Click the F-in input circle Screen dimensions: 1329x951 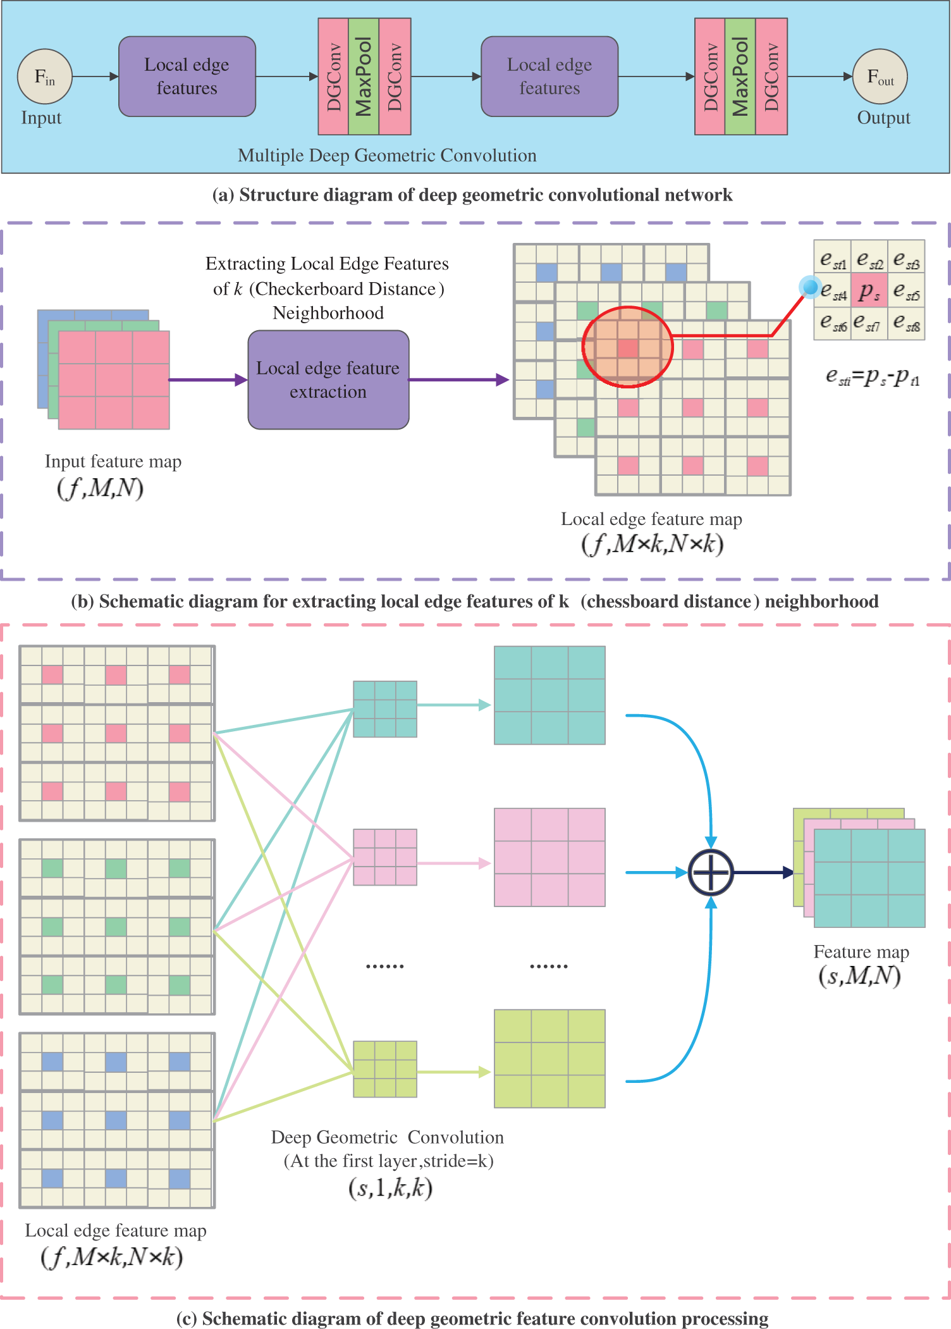point(44,77)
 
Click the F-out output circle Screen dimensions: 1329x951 point(880,77)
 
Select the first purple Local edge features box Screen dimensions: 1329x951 point(187,77)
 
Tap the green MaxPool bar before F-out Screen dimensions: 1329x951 point(740,77)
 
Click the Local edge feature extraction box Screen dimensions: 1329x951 point(328,380)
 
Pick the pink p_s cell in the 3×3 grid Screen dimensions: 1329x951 point(869,290)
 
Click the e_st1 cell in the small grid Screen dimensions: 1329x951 point(832,257)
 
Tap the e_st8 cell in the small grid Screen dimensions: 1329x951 point(906,323)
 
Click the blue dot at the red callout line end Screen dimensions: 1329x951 point(810,287)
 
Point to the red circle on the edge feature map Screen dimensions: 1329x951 point(627,347)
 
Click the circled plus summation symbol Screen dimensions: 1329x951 point(711,872)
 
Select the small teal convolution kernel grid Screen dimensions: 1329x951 point(384,708)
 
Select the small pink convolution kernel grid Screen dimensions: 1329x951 point(384,856)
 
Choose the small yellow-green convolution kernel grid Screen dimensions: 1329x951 point(384,1068)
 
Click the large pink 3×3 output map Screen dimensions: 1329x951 point(549,856)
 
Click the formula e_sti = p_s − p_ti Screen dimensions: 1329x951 point(872,377)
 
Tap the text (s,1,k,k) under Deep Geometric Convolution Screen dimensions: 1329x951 point(390,1187)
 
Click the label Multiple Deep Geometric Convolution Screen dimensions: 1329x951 point(387,155)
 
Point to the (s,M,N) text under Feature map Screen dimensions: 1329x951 point(859,976)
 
